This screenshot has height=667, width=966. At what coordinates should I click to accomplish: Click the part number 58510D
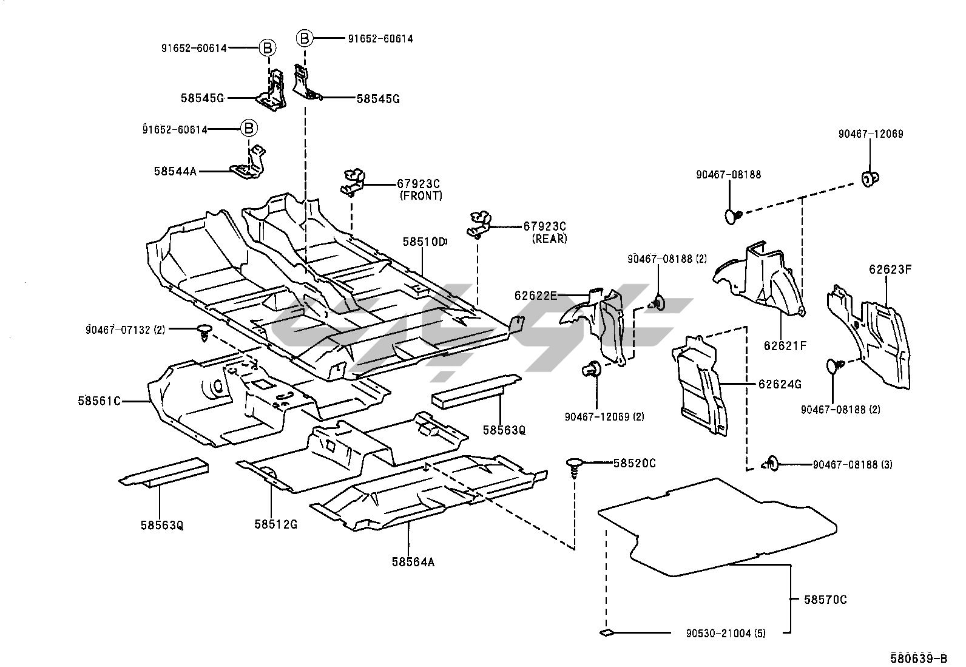coord(424,242)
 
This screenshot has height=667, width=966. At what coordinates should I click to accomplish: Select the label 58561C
coord(99,401)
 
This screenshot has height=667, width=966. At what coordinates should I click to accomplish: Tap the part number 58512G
coord(275,524)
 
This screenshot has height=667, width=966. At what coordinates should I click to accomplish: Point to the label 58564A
coord(413,562)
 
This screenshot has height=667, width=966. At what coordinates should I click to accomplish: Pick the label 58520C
coord(635,463)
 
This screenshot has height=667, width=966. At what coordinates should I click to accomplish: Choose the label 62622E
coord(536,296)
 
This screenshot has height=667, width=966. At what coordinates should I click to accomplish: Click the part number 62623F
coord(890,268)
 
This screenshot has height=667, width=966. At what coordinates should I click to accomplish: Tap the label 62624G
coord(780,384)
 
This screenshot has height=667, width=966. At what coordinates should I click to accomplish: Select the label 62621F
coord(785,346)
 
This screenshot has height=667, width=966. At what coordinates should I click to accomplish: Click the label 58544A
coord(175,172)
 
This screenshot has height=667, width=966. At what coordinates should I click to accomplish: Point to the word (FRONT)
coord(421,195)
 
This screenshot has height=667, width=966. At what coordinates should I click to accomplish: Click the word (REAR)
coord(549,239)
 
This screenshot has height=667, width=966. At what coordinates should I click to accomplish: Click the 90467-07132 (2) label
coord(125,330)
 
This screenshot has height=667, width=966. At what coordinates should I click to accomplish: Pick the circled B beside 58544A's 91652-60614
coord(248,129)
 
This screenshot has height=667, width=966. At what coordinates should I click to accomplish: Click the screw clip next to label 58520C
coord(573,467)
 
